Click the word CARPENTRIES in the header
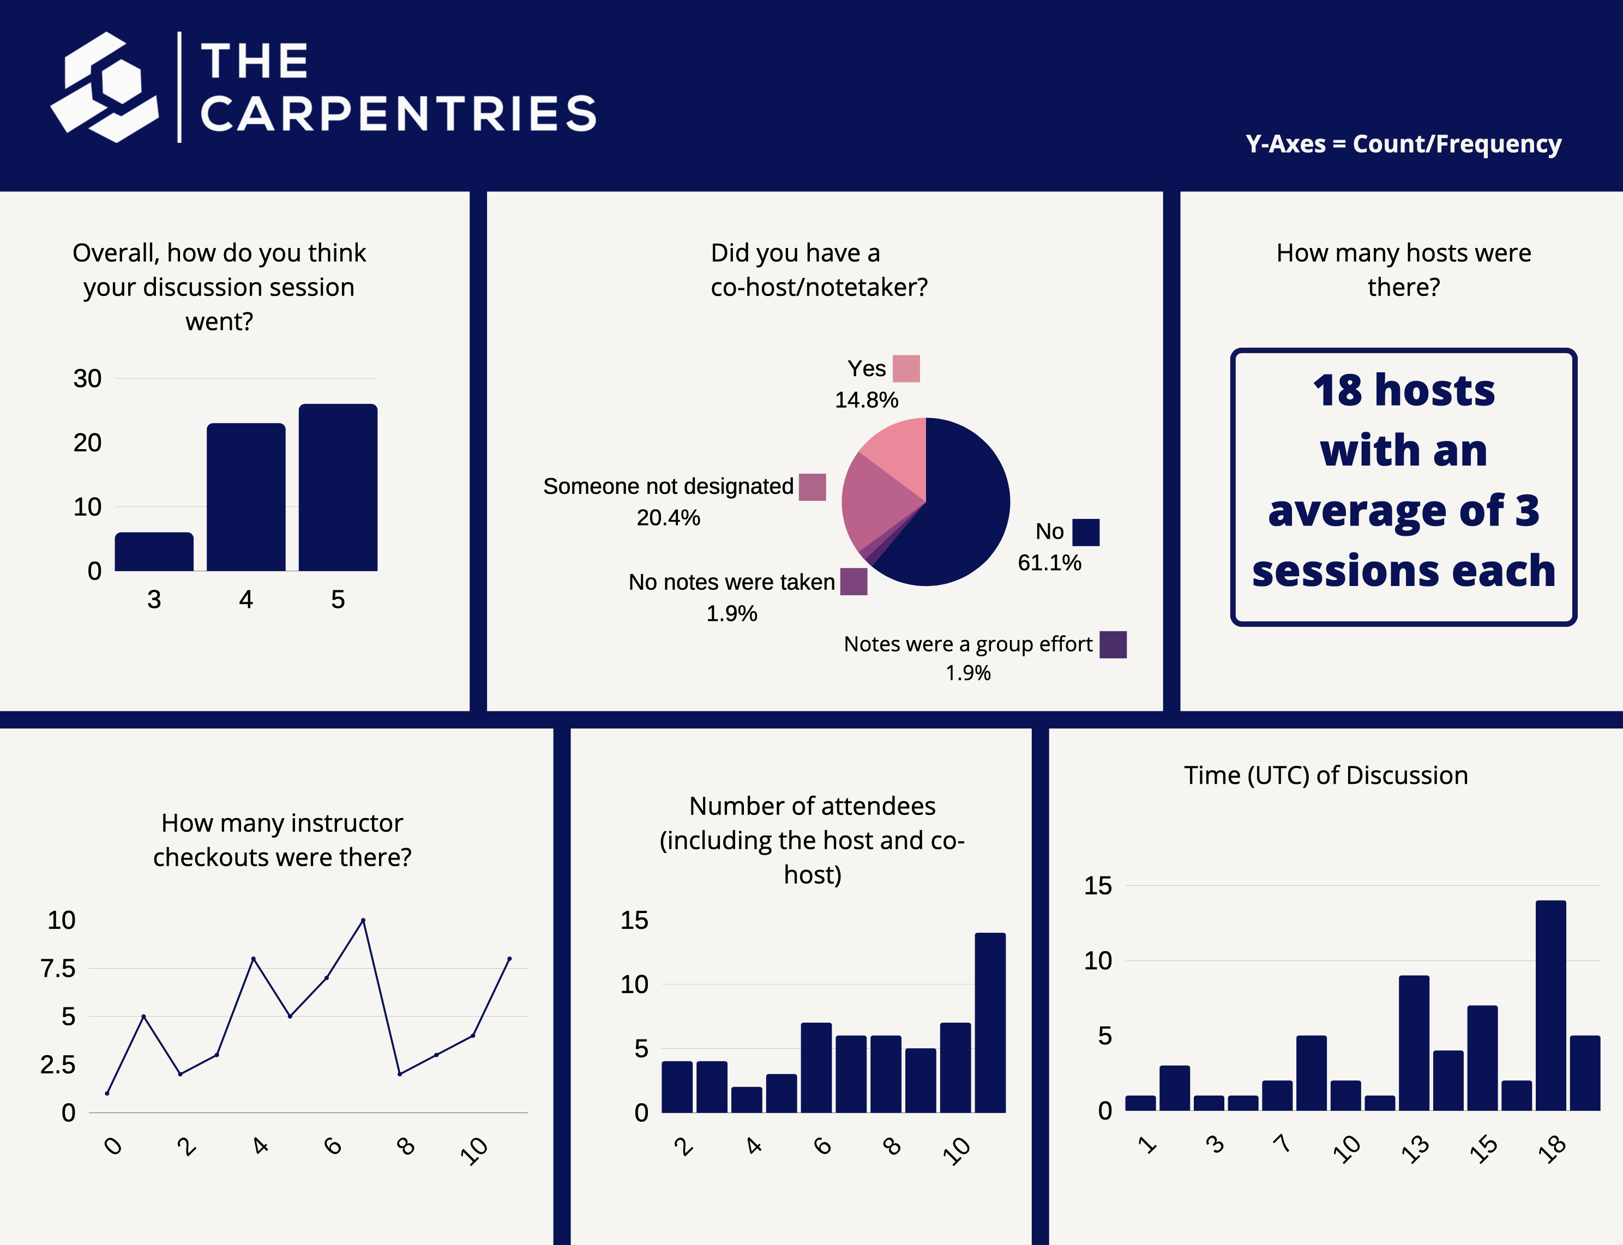point(398,114)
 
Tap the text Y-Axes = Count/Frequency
point(1403,144)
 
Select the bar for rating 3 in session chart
point(154,552)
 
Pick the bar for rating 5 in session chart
point(338,488)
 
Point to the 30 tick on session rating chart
point(87,379)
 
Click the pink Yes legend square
point(906,368)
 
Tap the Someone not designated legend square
point(812,487)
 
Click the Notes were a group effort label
point(967,644)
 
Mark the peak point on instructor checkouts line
point(363,921)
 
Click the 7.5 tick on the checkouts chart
point(58,969)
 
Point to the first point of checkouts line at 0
point(107,1093)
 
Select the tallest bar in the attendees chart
point(990,1023)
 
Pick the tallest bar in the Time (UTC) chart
point(1550,1005)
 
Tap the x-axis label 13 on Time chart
point(1415,1149)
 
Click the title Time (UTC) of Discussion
point(1325,775)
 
